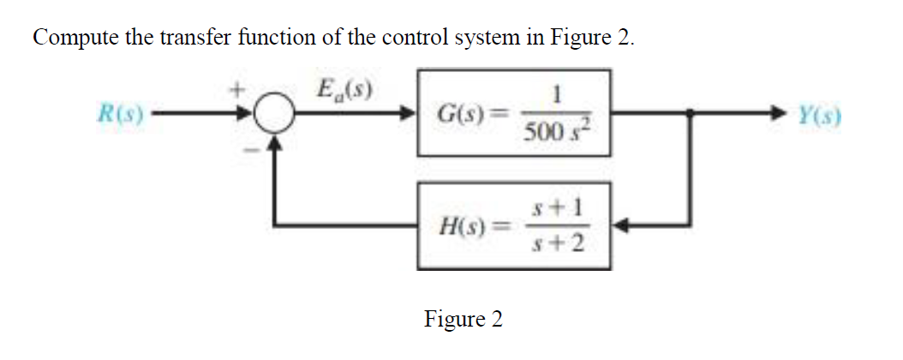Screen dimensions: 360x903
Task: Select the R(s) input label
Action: point(121,112)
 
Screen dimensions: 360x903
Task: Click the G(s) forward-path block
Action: point(513,112)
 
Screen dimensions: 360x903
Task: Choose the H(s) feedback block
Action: point(513,226)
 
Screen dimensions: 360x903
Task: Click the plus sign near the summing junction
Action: point(242,87)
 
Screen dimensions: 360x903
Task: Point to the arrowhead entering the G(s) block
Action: point(409,112)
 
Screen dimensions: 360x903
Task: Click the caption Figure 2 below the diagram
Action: point(463,320)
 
